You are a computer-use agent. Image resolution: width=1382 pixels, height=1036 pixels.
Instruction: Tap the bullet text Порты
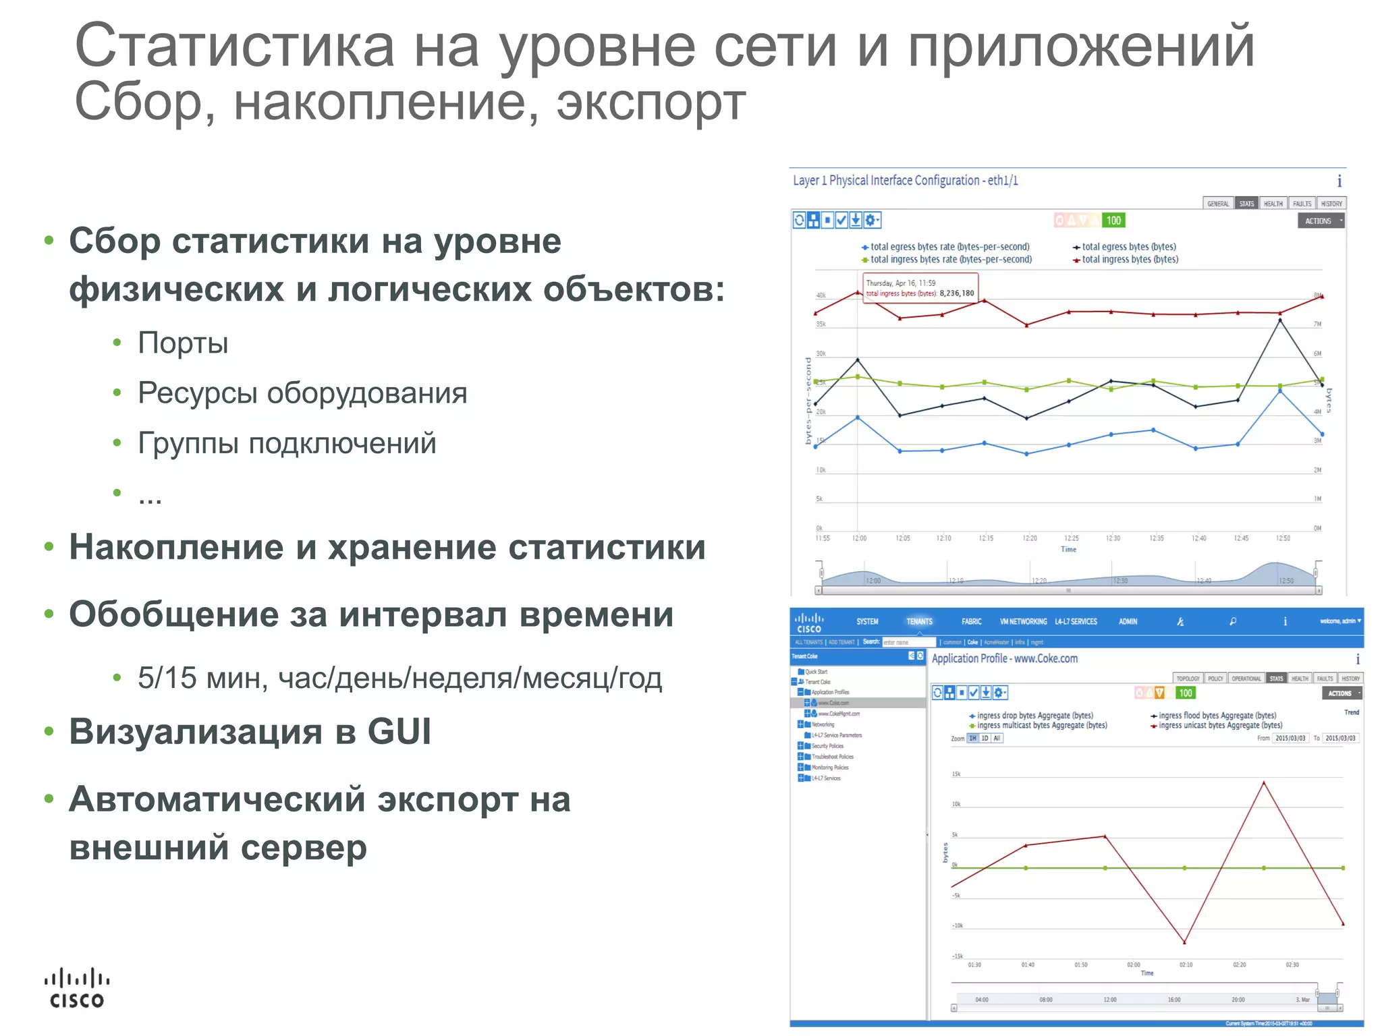coord(183,343)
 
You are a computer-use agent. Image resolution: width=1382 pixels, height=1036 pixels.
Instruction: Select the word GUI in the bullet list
coord(399,732)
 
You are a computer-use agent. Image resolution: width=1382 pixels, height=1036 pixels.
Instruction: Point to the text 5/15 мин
coord(202,678)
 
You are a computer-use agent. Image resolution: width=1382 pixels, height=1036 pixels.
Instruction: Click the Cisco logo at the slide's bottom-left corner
coord(77,988)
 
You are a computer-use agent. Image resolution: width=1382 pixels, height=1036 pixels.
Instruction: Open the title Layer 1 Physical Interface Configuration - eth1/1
coord(905,181)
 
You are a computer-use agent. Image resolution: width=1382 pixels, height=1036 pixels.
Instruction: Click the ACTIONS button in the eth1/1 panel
coord(1319,221)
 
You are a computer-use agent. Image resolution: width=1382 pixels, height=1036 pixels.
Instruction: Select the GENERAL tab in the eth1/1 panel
coord(1218,204)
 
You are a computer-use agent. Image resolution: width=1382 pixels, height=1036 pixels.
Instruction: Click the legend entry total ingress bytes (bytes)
coord(1130,260)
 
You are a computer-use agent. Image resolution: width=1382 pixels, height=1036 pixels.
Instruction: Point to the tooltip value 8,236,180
coord(956,293)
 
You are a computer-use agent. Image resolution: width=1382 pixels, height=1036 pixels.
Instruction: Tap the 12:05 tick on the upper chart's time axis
coord(903,538)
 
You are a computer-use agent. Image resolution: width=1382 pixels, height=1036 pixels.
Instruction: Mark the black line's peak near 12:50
coord(1280,320)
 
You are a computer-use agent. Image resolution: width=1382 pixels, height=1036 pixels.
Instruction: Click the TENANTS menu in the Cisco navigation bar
coord(919,621)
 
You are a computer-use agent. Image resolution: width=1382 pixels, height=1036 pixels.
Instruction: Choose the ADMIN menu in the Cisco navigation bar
coord(1128,621)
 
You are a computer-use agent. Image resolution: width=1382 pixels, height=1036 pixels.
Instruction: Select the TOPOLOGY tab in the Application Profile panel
coord(1188,679)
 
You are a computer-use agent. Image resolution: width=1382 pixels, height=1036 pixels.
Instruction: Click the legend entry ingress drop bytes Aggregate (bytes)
coord(1034,716)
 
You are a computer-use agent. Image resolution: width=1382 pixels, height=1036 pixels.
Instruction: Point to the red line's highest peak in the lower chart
coord(1263,782)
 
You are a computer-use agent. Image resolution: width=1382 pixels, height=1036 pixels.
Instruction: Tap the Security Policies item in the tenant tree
coord(827,746)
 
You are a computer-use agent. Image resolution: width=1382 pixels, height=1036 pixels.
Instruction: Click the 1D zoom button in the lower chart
coord(985,739)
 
